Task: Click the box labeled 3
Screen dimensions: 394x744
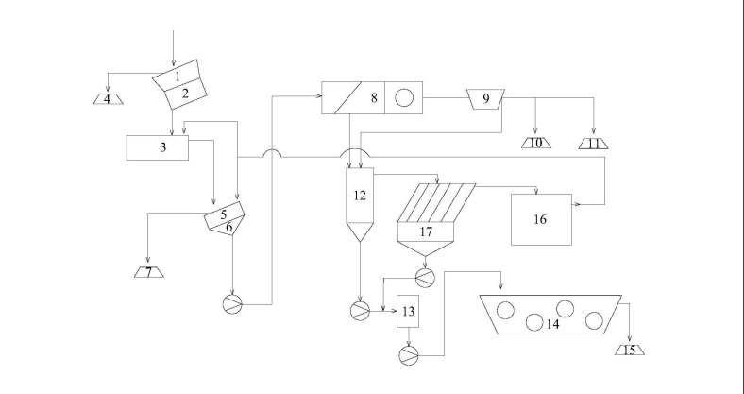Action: pyautogui.click(x=157, y=147)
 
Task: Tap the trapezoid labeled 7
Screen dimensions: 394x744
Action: pyautogui.click(x=147, y=273)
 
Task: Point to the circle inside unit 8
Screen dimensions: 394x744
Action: pyautogui.click(x=403, y=96)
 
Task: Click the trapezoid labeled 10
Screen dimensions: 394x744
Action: pyautogui.click(x=536, y=143)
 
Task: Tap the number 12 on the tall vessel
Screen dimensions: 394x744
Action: pyautogui.click(x=359, y=196)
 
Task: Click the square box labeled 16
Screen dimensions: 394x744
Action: pyautogui.click(x=540, y=219)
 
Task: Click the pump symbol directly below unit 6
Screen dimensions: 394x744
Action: pyautogui.click(x=232, y=303)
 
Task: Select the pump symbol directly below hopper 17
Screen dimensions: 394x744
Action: pyautogui.click(x=425, y=277)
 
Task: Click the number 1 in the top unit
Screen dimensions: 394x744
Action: pyautogui.click(x=177, y=76)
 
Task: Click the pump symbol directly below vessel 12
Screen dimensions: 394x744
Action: pyautogui.click(x=360, y=310)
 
